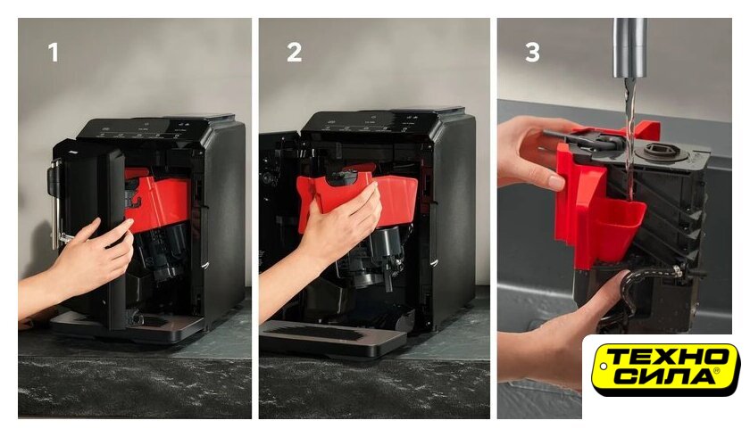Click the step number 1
click(x=54, y=52)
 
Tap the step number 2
click(x=294, y=52)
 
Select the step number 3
click(x=532, y=52)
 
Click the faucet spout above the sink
click(x=630, y=48)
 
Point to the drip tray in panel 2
click(x=332, y=338)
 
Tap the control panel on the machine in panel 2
click(x=368, y=123)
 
